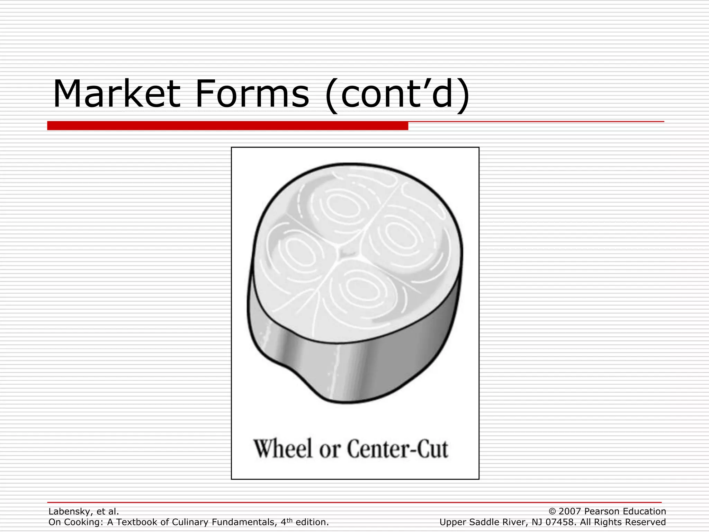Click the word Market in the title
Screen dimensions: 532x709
pyautogui.click(x=116, y=94)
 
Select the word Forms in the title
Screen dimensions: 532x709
pyautogui.click(x=252, y=94)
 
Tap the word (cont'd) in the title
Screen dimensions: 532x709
pyautogui.click(x=397, y=94)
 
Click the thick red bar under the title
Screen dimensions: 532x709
pyautogui.click(x=227, y=125)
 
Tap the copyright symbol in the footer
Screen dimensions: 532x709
pyautogui.click(x=552, y=512)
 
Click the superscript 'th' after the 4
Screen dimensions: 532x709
pyautogui.click(x=289, y=520)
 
